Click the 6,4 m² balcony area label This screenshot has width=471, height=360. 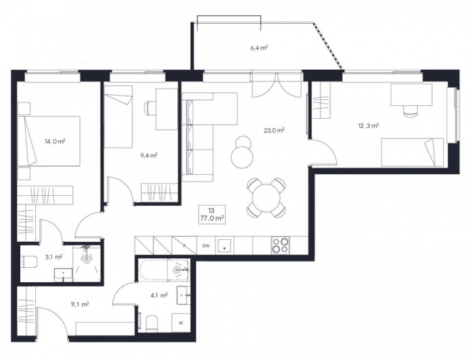[259, 48]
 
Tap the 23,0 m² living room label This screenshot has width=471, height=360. [274, 130]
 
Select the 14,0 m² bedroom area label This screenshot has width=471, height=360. [55, 141]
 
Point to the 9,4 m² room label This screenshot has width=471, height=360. [149, 156]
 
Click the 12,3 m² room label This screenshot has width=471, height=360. [368, 126]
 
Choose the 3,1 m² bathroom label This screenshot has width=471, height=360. [53, 257]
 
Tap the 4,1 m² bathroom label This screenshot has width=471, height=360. [159, 295]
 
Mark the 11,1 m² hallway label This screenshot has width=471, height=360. [80, 305]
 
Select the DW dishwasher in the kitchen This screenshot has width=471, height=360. [206, 246]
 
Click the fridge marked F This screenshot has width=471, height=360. [184, 246]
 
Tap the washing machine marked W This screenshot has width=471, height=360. [181, 323]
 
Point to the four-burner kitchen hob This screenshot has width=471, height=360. [280, 246]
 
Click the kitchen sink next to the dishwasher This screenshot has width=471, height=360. [225, 246]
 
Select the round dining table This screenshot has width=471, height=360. [266, 198]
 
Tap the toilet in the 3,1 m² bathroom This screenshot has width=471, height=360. [30, 261]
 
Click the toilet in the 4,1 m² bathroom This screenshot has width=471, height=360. [152, 324]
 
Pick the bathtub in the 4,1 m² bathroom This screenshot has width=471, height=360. [163, 269]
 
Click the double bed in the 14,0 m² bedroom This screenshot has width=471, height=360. [49, 141]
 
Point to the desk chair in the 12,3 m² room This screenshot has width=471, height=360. [411, 109]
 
